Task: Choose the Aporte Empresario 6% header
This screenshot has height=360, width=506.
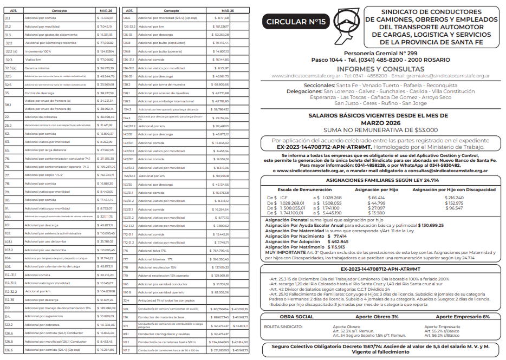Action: click(x=463, y=316)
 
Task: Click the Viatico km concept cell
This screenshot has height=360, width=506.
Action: click(x=34, y=60)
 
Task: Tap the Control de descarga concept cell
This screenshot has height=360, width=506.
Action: click(x=41, y=93)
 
